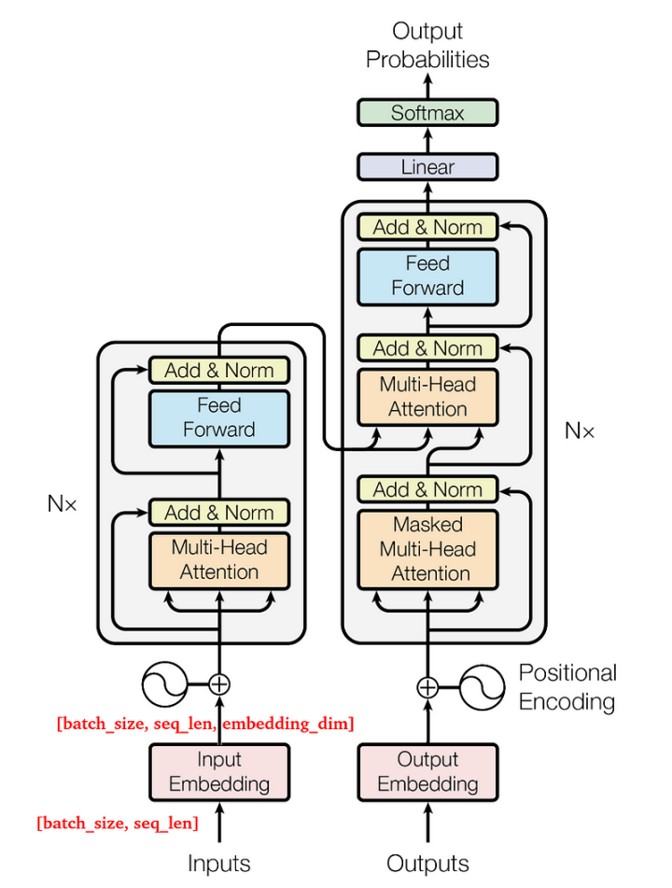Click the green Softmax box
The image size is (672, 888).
[427, 113]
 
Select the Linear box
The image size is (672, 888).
[427, 168]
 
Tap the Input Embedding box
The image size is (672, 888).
[219, 772]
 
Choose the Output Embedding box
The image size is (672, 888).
[427, 772]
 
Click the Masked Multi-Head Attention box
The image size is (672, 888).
[427, 549]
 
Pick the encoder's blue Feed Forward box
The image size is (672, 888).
[219, 417]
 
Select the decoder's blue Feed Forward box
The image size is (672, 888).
[427, 275]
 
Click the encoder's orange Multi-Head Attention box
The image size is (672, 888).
[219, 559]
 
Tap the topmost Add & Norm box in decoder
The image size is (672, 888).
[427, 227]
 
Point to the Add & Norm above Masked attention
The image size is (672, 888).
[427, 489]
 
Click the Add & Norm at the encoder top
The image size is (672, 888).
[219, 371]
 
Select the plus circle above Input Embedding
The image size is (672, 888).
[219, 684]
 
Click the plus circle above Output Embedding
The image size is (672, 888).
[427, 688]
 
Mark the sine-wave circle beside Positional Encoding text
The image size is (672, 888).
[483, 688]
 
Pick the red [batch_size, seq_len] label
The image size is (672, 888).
[117, 824]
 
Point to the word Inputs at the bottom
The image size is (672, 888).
[219, 864]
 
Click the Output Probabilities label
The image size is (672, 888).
[427, 46]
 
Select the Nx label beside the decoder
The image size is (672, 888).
[580, 430]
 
